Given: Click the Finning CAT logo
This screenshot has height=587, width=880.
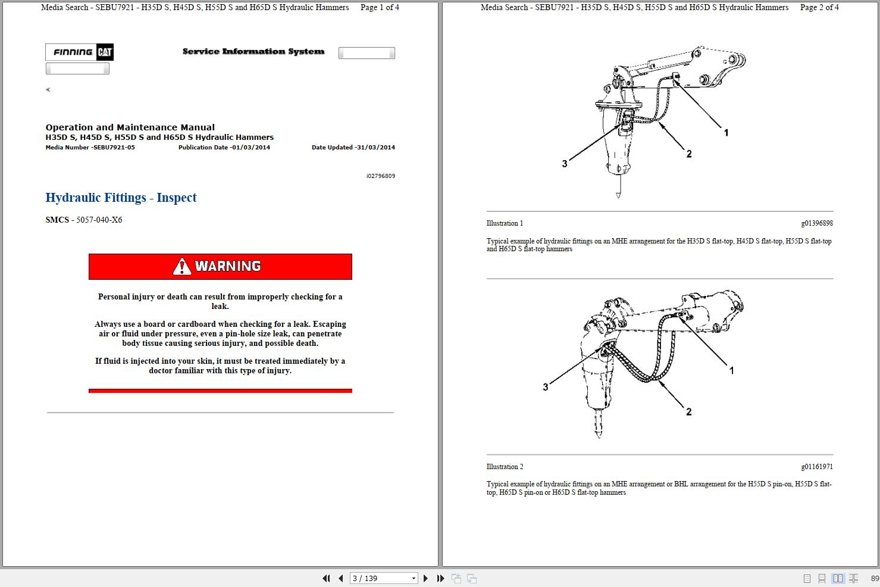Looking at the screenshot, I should (79, 52).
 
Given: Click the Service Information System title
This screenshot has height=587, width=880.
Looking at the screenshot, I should (253, 52).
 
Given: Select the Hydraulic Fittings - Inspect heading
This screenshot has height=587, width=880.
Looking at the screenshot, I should (121, 198).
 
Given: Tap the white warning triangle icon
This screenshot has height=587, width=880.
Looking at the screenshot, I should (182, 267).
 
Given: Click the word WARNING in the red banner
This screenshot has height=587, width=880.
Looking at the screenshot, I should (228, 266).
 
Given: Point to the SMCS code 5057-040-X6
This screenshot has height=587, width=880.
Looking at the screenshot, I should (99, 220).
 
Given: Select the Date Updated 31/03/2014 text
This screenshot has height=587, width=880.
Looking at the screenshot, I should (353, 148).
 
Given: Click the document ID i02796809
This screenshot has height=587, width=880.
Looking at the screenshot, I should (380, 176).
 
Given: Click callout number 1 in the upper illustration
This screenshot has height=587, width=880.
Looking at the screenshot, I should (726, 133).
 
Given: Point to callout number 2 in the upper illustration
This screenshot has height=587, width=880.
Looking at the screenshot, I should (689, 154).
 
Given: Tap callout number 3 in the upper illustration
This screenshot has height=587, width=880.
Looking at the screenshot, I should (565, 164).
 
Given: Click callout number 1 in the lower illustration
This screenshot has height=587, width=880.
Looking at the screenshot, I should (731, 370).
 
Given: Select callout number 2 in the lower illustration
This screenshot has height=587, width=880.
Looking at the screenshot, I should (689, 411).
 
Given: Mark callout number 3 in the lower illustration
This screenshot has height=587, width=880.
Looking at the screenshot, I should (546, 387).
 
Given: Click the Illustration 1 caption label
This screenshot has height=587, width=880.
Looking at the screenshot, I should (505, 223).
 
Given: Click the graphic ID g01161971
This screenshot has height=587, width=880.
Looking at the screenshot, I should (816, 467).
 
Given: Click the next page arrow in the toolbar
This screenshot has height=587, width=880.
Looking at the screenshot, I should (425, 578).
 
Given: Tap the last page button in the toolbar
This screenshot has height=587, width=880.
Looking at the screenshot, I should (440, 578).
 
